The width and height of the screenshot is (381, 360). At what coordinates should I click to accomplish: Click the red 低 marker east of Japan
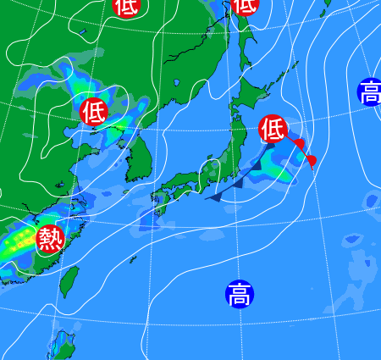point(273,130)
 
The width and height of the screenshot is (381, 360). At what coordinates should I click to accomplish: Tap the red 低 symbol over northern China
point(93,111)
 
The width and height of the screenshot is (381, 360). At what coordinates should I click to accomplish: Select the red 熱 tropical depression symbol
point(50,239)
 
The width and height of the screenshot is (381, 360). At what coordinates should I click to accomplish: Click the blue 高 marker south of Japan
point(240,295)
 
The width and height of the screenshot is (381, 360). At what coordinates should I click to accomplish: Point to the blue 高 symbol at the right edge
point(370,91)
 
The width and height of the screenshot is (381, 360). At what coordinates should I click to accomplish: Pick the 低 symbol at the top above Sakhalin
point(245,5)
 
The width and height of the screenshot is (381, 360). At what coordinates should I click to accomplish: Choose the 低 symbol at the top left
point(125,6)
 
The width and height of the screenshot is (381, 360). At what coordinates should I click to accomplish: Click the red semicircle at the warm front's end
point(311,161)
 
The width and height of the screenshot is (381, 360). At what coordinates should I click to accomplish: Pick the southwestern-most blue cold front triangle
point(215,197)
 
